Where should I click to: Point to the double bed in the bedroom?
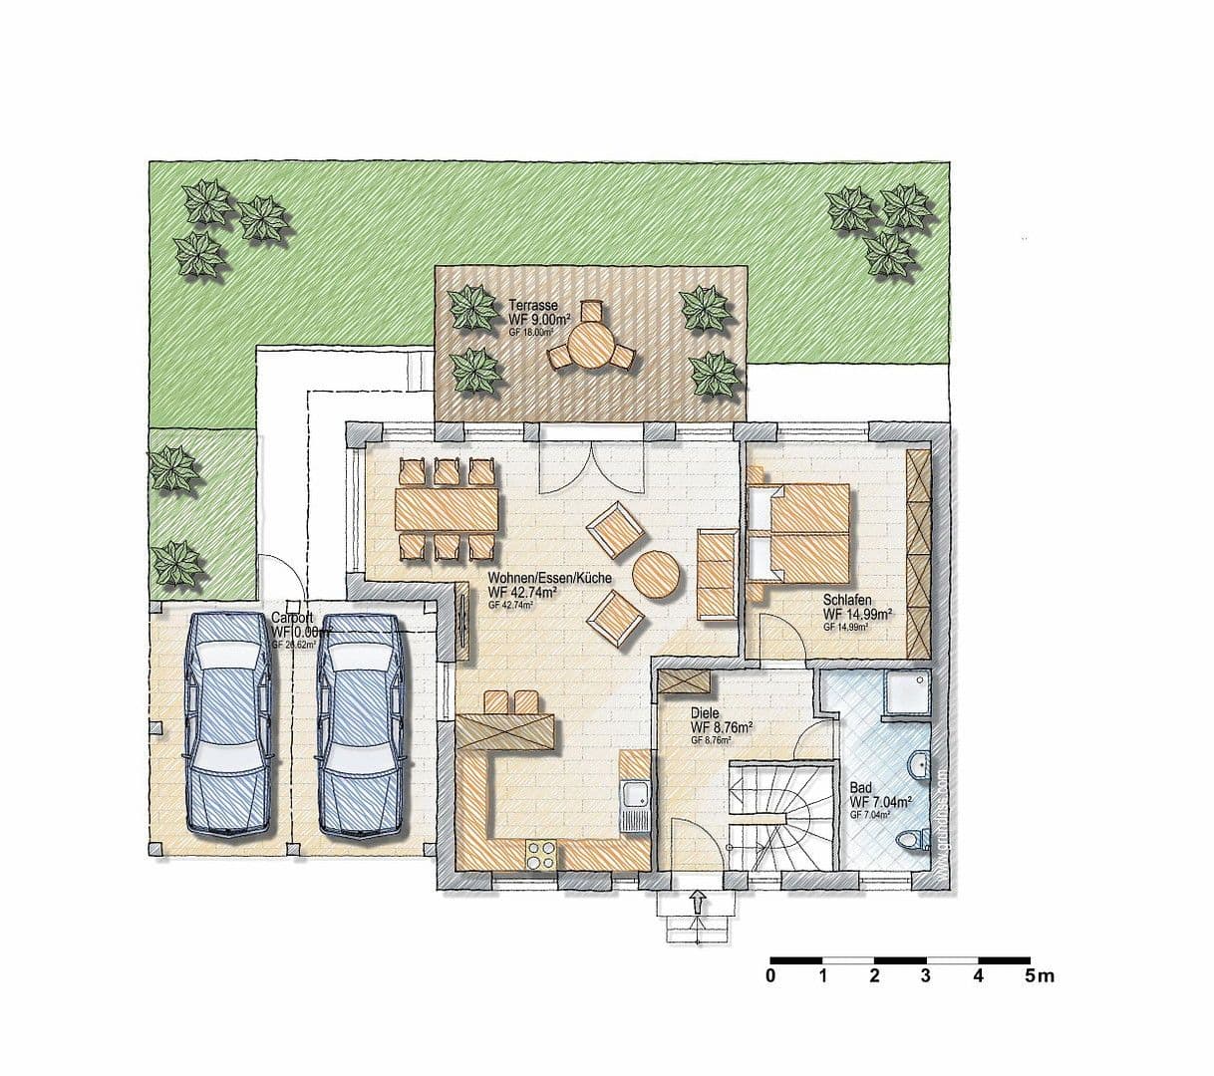[x=800, y=532]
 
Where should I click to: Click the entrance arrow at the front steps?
[x=697, y=902]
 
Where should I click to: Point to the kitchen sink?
[x=633, y=796]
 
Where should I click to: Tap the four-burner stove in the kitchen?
[x=541, y=853]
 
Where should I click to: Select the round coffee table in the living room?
[x=656, y=575]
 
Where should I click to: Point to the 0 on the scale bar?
[x=770, y=976]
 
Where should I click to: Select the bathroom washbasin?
[x=919, y=766]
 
